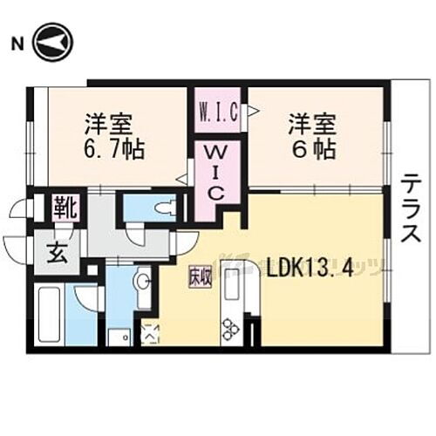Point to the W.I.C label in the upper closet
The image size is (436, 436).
coord(215,112)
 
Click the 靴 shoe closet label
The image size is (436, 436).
coord(67,208)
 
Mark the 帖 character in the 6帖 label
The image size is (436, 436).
coord(324,149)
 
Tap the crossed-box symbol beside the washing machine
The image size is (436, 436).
coord(149,331)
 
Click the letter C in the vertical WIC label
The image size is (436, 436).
coord(215,193)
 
